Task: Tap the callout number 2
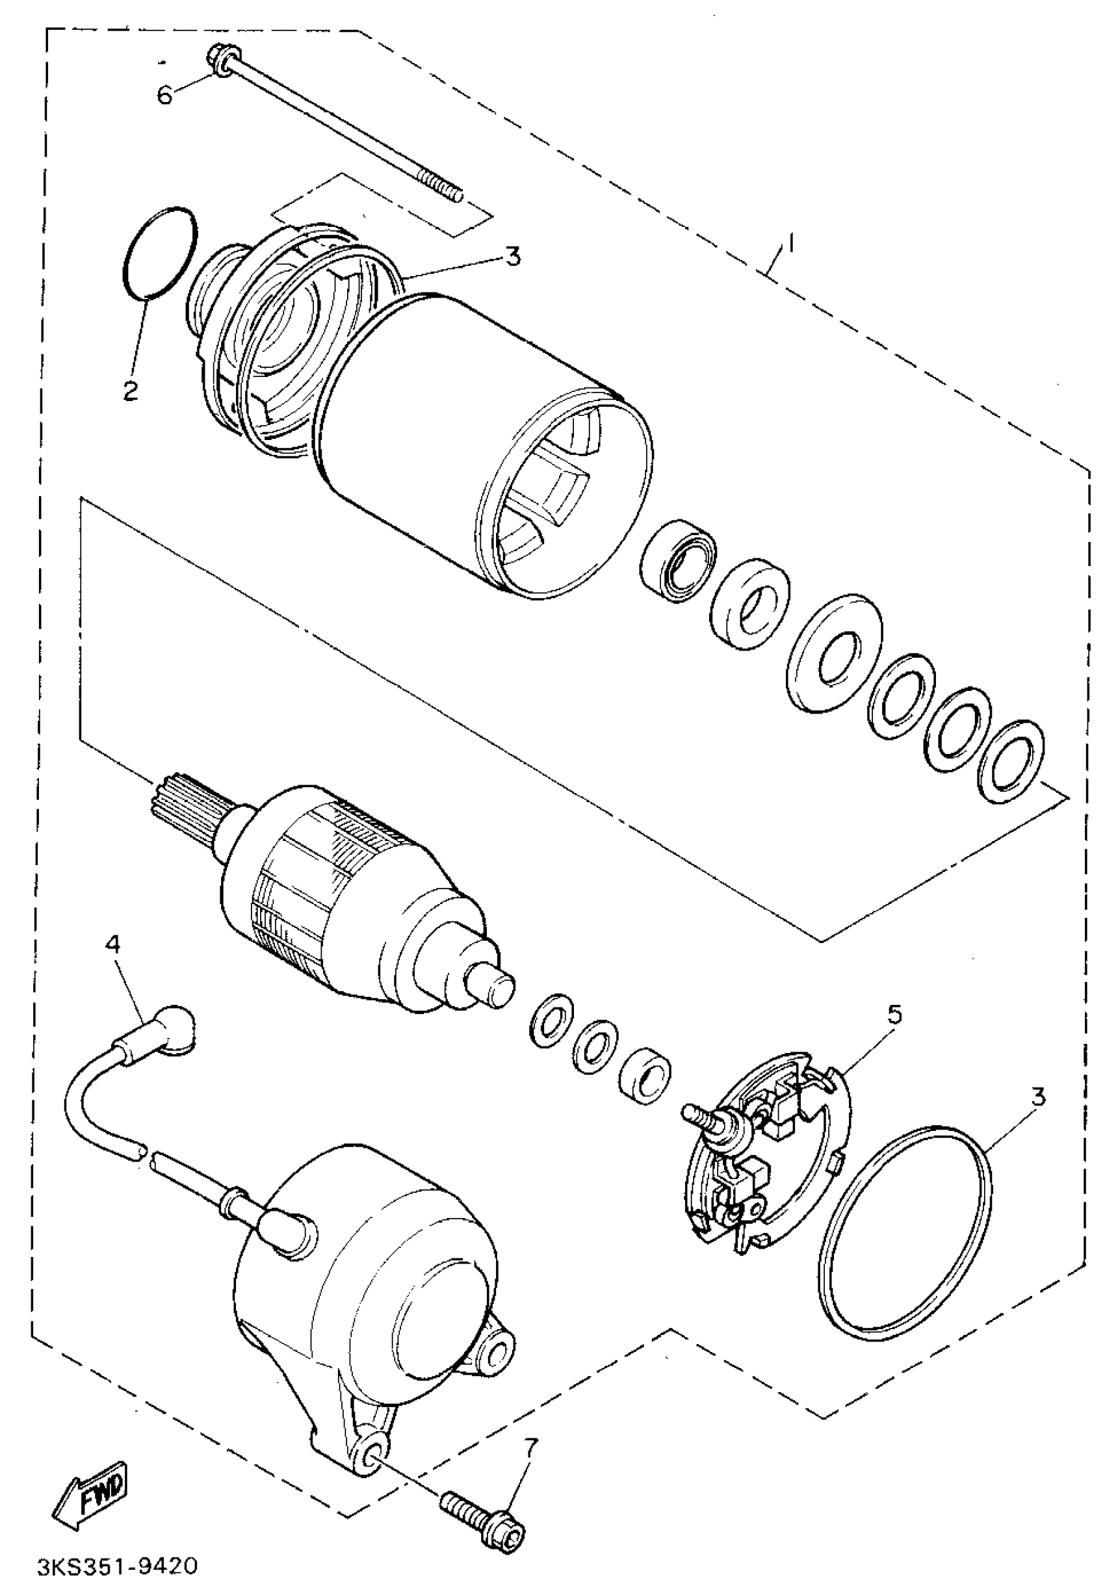click(x=130, y=391)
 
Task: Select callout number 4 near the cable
click(x=113, y=944)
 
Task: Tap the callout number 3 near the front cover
click(x=512, y=256)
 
